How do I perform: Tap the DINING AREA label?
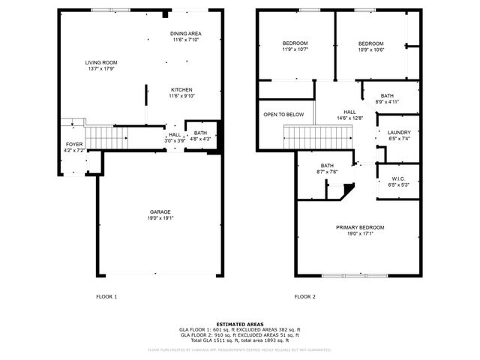pos(185,34)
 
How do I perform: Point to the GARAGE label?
pos(159,212)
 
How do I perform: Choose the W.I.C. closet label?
pos(398,178)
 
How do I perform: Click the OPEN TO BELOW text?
pos(283,115)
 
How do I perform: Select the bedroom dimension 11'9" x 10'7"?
pos(295,49)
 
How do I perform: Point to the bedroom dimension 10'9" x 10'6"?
pos(370,49)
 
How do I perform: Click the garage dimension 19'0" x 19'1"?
pos(159,219)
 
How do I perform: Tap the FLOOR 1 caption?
pos(106,296)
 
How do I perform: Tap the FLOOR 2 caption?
pos(305,296)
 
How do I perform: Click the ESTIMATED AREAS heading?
pos(239,324)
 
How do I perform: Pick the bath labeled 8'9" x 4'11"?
pos(387,98)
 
